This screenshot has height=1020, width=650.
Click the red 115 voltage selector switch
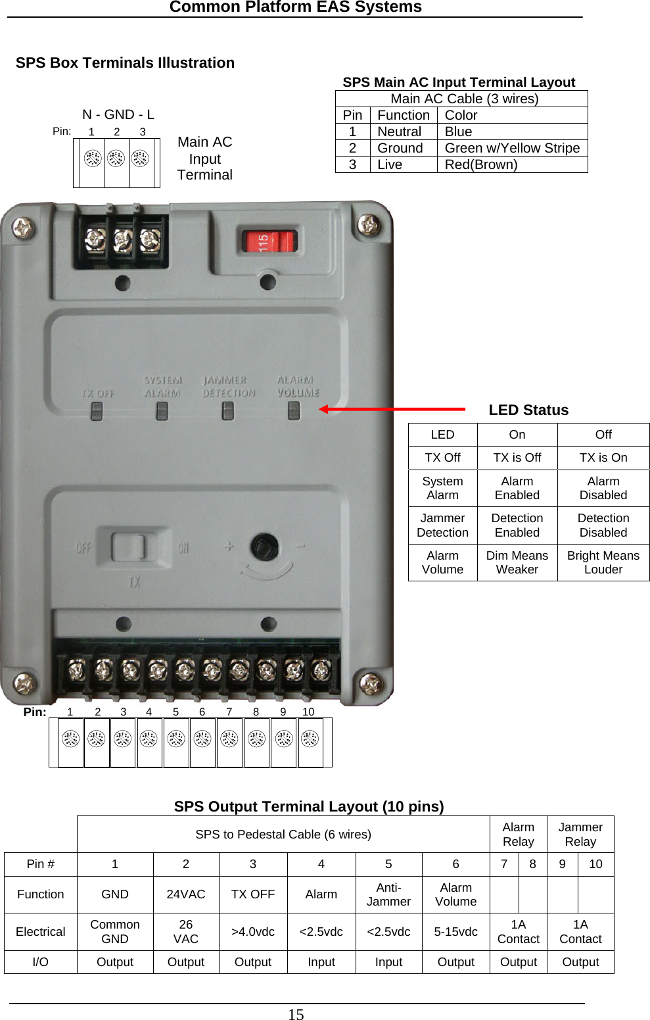tap(269, 241)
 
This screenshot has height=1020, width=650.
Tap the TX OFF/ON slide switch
tap(128, 546)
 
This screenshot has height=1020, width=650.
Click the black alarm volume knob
tap(264, 547)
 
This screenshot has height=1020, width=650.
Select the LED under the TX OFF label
tap(97, 411)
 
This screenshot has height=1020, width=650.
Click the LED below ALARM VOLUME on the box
tap(294, 410)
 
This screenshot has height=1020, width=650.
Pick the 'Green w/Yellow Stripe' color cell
tap(512, 148)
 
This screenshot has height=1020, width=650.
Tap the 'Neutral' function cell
tap(399, 132)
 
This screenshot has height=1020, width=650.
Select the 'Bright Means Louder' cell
tap(603, 562)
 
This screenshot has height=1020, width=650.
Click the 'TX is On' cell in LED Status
tap(603, 458)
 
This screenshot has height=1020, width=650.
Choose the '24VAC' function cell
tap(186, 894)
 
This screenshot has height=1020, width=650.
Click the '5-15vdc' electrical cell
tap(455, 932)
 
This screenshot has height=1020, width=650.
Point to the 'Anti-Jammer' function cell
tap(388, 894)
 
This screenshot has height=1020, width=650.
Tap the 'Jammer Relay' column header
tap(580, 835)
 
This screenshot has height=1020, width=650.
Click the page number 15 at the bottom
tap(296, 1014)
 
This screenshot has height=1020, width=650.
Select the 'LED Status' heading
tap(528, 410)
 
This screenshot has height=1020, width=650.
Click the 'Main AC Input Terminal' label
tap(204, 158)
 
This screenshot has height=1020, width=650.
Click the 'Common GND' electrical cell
tap(115, 932)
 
